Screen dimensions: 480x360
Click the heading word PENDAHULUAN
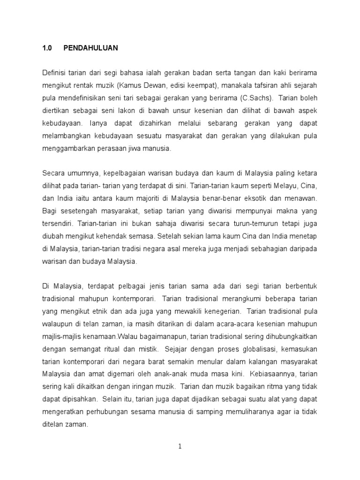point(91,48)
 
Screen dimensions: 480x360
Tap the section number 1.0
point(47,48)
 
